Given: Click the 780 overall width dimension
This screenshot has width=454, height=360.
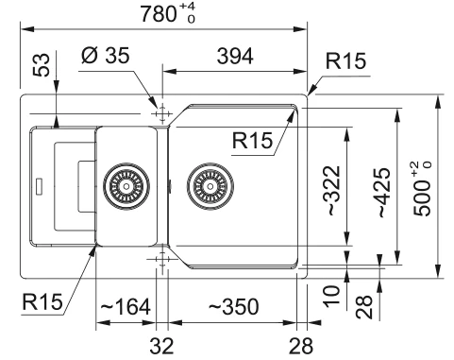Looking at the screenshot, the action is click(159, 14).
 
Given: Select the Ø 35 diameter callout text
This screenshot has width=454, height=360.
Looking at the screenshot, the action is click(106, 56).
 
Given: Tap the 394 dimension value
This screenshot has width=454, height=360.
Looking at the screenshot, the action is click(235, 57).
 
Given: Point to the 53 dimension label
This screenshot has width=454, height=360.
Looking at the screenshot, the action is click(42, 65).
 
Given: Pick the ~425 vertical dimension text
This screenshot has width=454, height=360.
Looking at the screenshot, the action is click(384, 193).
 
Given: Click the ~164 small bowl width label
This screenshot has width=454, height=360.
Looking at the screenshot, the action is click(126, 306).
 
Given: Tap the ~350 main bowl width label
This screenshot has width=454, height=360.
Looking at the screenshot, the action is click(234, 306).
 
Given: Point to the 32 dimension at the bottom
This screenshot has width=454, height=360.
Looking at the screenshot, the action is click(161, 346).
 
